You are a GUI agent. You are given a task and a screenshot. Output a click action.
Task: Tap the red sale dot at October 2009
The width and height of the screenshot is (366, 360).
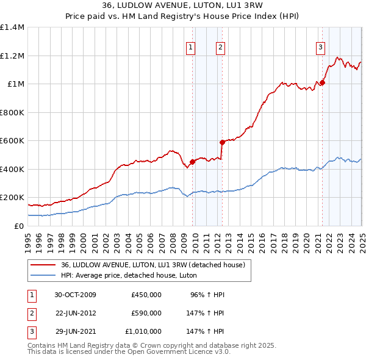click(193, 162)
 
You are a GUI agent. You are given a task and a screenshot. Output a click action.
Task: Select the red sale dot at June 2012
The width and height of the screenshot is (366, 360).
click(222, 142)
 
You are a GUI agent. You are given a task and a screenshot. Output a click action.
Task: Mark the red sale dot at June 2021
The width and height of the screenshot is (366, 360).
click(323, 83)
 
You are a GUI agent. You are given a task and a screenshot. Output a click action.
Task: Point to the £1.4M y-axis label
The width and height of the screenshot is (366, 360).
click(12, 27)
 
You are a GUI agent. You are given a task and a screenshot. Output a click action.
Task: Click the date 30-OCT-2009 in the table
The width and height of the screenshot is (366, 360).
click(74, 295)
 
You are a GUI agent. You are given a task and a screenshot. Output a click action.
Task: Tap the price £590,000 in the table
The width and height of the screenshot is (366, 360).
click(146, 313)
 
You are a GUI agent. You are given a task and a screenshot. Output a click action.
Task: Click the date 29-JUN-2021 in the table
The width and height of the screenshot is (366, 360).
click(74, 331)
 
